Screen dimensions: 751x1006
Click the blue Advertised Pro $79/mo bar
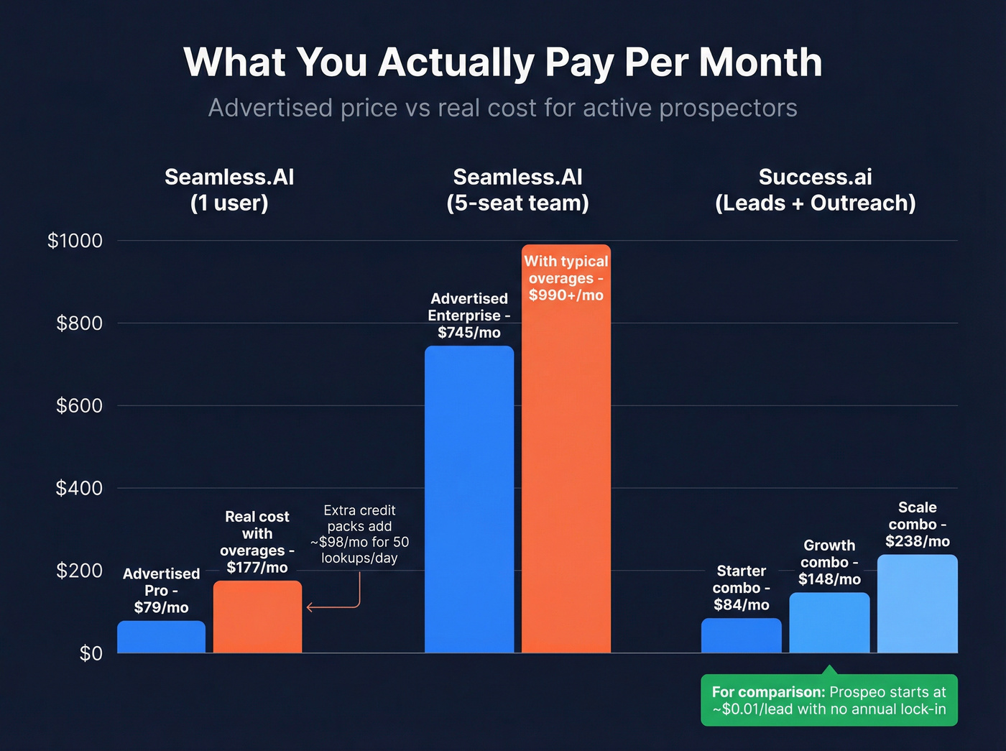161,637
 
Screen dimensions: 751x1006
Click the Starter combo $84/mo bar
741,636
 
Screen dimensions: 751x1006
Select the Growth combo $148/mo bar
829,623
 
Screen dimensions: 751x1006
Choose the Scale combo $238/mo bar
917,604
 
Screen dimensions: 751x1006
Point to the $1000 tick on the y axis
75,241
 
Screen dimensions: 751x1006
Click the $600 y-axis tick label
79,405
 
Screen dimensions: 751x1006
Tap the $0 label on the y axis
91,653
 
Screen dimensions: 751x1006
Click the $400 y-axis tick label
79,488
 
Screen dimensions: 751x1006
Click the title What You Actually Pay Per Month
502,62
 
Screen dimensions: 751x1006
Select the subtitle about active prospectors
502,108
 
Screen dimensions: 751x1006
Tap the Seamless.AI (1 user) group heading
229,190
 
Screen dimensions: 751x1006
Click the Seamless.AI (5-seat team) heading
517,190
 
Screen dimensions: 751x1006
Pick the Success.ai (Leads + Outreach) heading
815,190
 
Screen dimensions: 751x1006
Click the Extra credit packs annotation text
359,534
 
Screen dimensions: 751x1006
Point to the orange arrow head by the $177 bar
310,607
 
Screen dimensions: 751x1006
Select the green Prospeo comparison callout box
829,700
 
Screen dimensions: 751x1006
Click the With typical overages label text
566,278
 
